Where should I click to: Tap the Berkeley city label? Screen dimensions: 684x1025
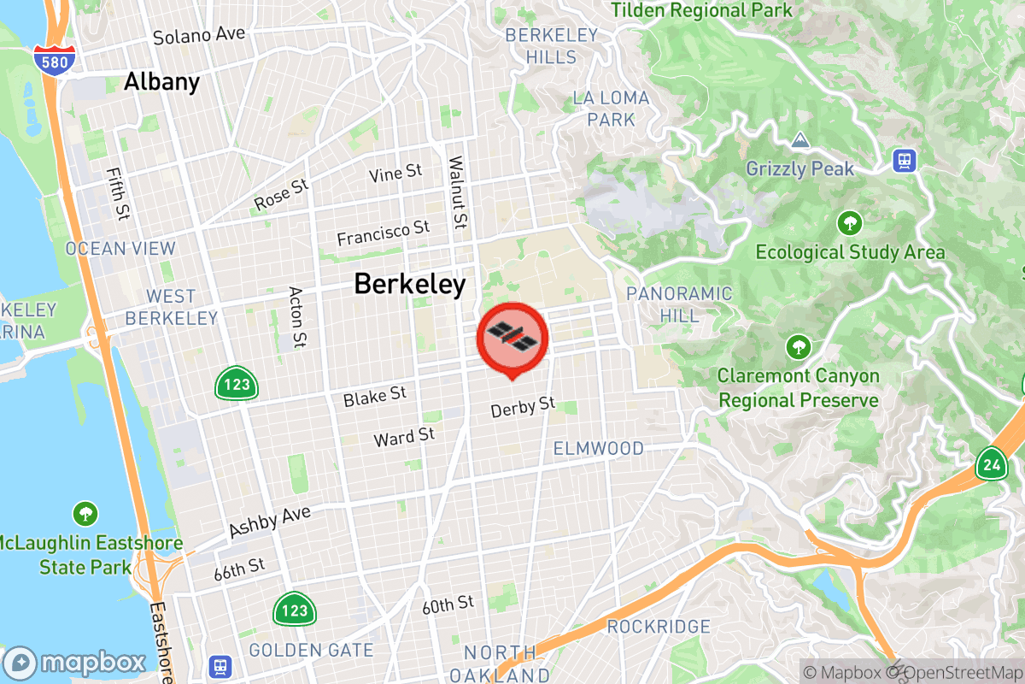(x=410, y=284)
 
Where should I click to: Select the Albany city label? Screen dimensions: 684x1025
(x=161, y=82)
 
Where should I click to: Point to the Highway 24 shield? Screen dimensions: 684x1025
(x=991, y=464)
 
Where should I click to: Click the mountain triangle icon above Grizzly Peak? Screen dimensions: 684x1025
(x=799, y=139)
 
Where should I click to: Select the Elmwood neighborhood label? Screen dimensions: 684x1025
(x=598, y=448)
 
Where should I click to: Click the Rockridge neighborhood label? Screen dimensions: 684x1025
(x=658, y=627)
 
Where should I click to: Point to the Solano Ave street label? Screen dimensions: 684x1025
(x=199, y=36)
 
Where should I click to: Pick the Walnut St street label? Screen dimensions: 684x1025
(x=459, y=192)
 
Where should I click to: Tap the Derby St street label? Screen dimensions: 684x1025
(x=523, y=407)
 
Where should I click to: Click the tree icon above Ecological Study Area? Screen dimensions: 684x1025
(x=849, y=224)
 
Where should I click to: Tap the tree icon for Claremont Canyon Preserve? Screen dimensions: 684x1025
(x=798, y=347)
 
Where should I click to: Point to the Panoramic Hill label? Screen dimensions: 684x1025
(x=679, y=304)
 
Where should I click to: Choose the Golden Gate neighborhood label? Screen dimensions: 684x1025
(x=311, y=651)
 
